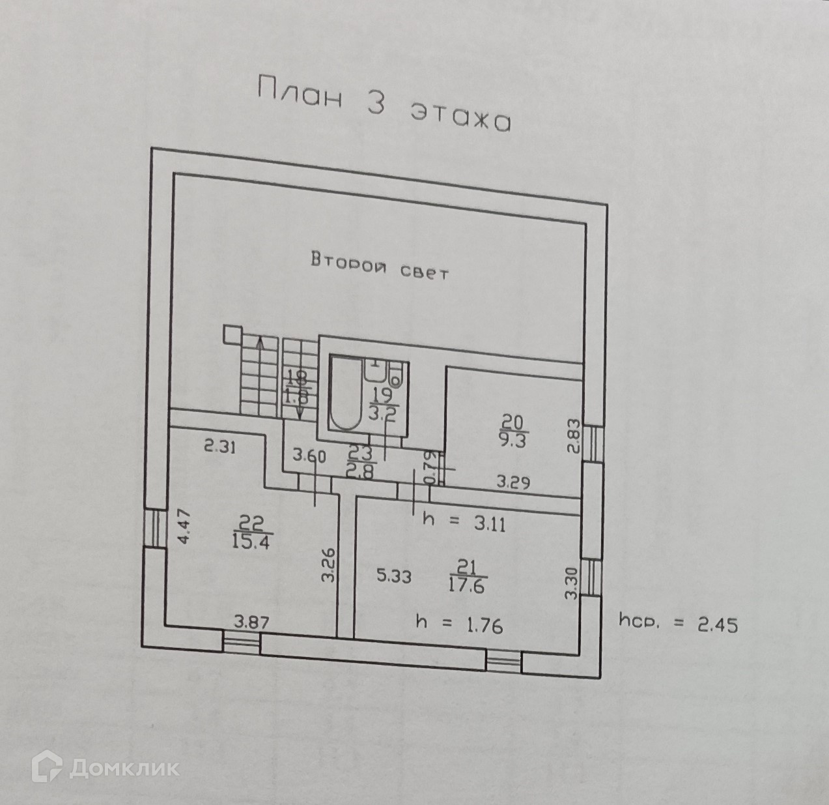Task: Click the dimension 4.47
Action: (x=186, y=527)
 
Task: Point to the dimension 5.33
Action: (x=393, y=576)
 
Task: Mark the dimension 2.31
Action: (x=218, y=447)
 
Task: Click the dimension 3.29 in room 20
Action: (x=513, y=483)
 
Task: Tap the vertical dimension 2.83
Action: (x=572, y=437)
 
